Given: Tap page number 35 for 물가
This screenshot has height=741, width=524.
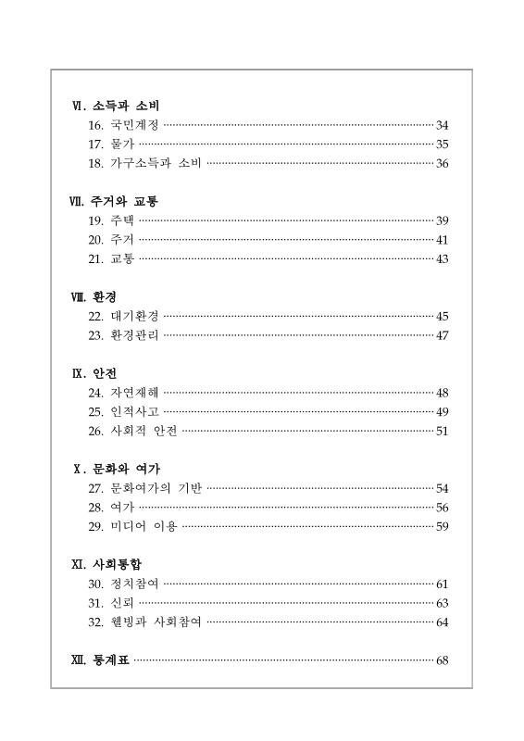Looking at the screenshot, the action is click(x=443, y=144).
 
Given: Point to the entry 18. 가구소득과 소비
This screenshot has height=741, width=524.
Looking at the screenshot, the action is click(x=144, y=164).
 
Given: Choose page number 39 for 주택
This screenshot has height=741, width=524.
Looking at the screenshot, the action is click(x=443, y=220).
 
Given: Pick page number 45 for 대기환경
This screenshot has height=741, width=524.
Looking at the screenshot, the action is click(x=443, y=316).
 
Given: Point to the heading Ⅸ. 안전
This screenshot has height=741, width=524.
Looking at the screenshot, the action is click(x=94, y=373).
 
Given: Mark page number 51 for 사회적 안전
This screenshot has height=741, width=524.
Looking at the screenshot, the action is click(x=443, y=431).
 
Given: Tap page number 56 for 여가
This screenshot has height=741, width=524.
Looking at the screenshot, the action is click(x=443, y=508).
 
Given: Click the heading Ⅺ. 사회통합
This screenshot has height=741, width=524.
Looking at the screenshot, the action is click(x=106, y=564).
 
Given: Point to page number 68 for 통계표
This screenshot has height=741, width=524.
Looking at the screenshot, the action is click(x=443, y=659).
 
